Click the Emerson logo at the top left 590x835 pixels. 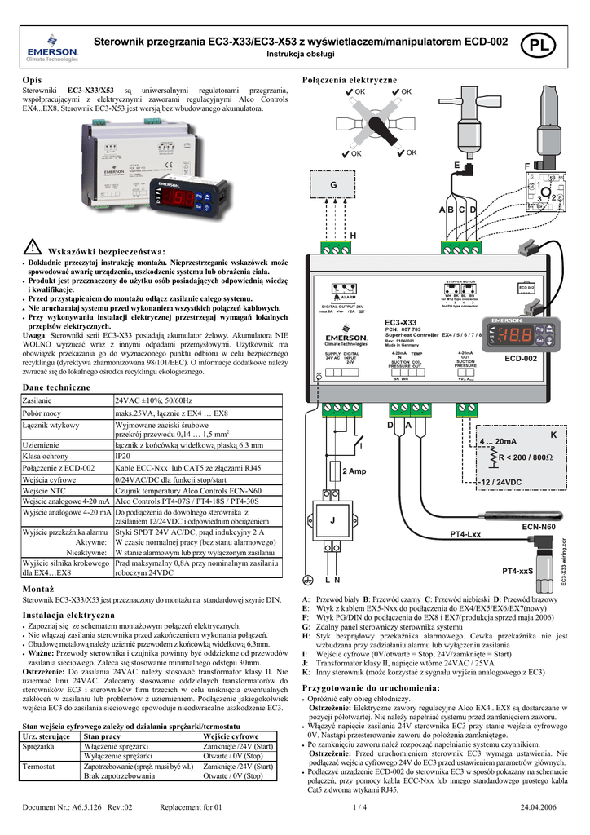(52, 50)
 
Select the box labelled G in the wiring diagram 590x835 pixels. (332, 187)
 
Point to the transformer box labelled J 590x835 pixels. (332, 519)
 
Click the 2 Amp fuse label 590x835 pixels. (354, 471)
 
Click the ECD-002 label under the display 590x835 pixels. (520, 357)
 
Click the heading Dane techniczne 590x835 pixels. (55, 386)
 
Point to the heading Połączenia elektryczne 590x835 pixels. (349, 80)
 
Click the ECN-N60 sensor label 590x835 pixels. (539, 527)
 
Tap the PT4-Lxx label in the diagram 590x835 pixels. (466, 534)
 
